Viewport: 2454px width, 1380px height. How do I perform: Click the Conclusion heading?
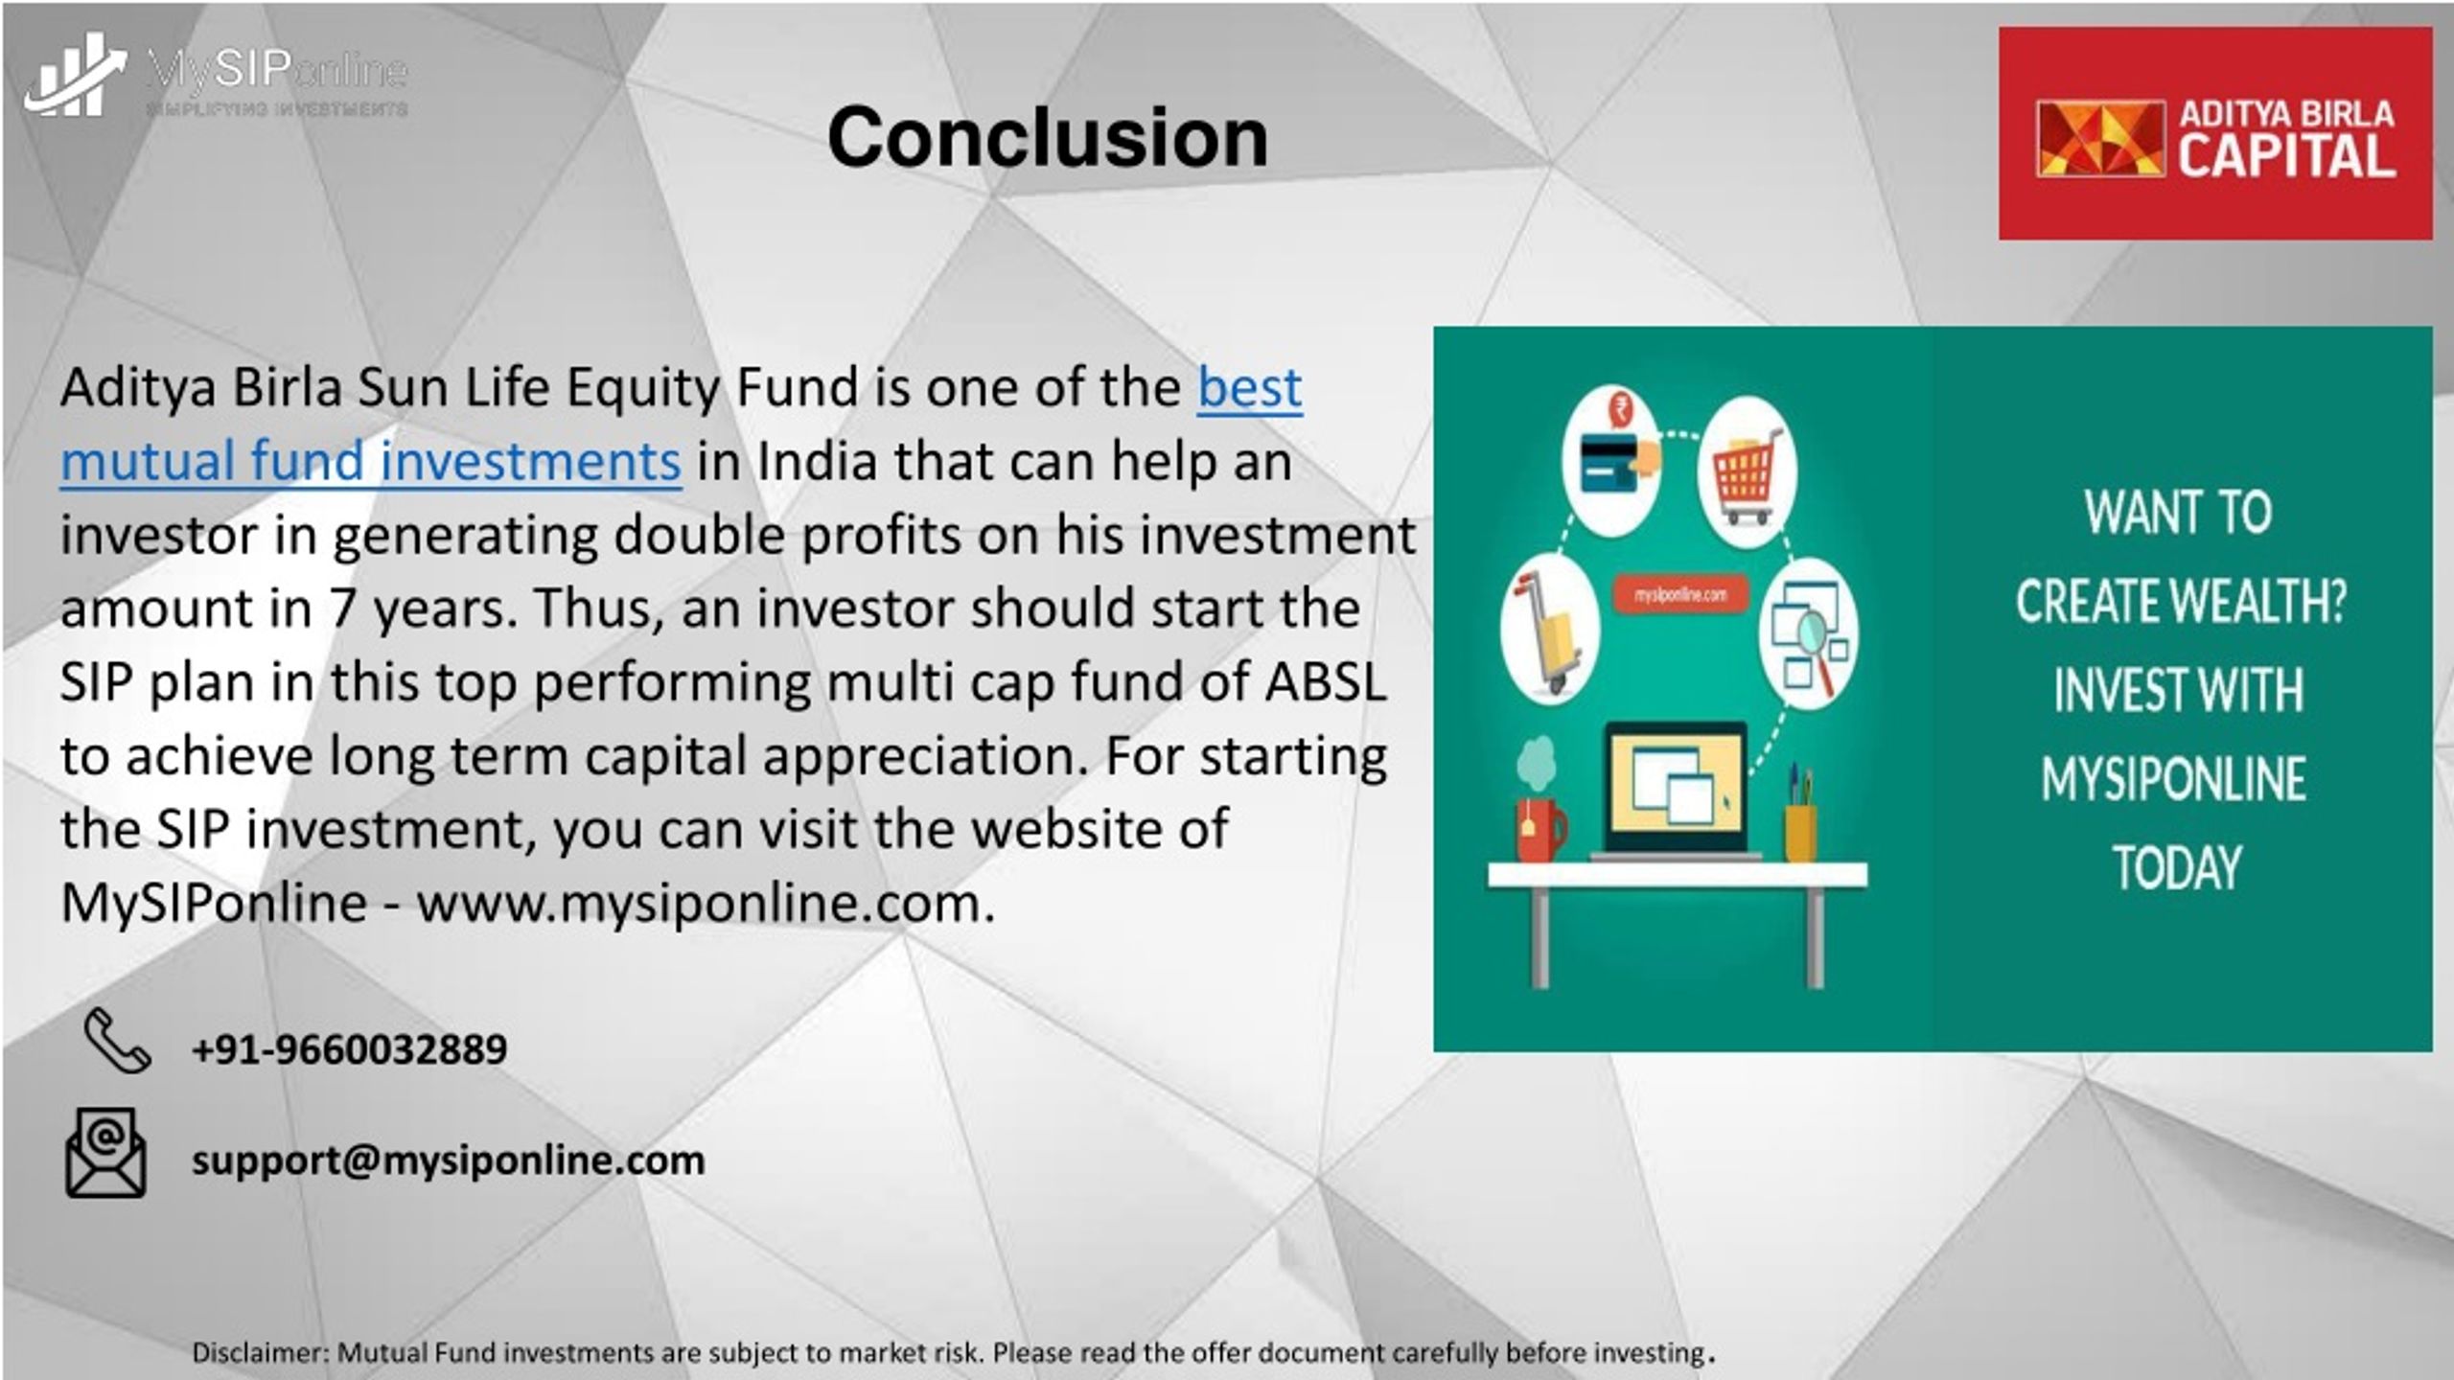tap(1048, 138)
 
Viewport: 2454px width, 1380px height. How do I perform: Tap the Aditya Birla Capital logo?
tap(2215, 133)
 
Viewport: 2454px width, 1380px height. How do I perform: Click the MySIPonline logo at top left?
tap(217, 77)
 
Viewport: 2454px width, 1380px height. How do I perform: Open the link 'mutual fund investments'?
tap(371, 461)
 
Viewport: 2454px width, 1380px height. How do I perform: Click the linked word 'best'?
tap(1250, 387)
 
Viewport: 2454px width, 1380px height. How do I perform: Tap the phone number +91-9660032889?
tap(349, 1048)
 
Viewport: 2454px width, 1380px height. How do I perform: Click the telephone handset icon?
tap(117, 1040)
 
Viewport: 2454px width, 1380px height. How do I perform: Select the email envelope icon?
tap(105, 1153)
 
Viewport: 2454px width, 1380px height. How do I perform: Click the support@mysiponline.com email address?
tap(449, 1161)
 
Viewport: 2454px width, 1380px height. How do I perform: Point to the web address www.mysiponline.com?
tap(706, 904)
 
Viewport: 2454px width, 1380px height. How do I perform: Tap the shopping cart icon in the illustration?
tap(1747, 473)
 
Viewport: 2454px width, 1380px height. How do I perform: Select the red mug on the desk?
tap(1540, 830)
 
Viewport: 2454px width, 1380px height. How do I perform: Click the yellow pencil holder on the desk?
tap(1800, 832)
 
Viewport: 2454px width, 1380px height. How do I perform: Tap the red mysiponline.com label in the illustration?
tap(1680, 595)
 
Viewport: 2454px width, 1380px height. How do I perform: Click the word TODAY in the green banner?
tap(2178, 867)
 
